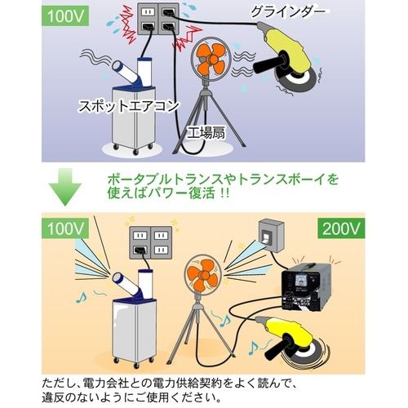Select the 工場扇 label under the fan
point(205,131)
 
